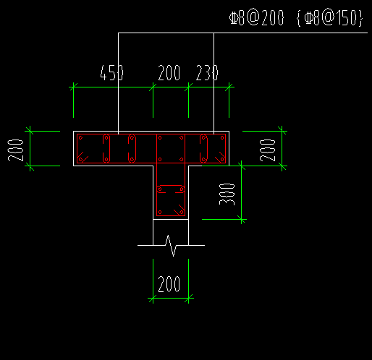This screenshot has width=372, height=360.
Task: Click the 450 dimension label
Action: pos(111,72)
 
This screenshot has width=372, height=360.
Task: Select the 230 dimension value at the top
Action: pos(207,72)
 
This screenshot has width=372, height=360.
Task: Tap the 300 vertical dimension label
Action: pos(227,194)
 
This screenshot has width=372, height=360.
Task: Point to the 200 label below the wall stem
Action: pos(169,284)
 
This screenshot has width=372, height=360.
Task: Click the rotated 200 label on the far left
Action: pos(16,150)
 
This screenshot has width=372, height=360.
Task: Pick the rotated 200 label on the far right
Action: pos(267,150)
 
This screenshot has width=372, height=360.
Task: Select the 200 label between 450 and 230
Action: pos(169,72)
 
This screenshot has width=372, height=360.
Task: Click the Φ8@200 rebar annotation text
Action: pos(256,18)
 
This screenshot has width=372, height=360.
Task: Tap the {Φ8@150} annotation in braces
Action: pos(329,18)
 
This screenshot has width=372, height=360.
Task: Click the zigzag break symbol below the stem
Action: pos(171,245)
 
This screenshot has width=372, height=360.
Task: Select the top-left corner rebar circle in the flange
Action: pos(80,138)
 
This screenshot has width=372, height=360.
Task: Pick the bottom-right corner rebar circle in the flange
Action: pos(222,159)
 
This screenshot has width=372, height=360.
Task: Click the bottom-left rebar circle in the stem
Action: pos(160,213)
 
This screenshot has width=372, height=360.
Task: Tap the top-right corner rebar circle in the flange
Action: pos(222,138)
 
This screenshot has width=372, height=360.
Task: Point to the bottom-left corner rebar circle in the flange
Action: pos(80,159)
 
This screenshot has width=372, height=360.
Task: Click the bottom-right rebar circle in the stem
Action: pos(182,213)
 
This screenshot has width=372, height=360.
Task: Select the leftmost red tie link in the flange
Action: pos(103,149)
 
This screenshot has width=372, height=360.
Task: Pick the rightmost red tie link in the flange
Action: pos(200,149)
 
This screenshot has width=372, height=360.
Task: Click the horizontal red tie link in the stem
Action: pos(171,186)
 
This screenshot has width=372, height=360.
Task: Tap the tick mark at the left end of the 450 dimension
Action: pos(73,87)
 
